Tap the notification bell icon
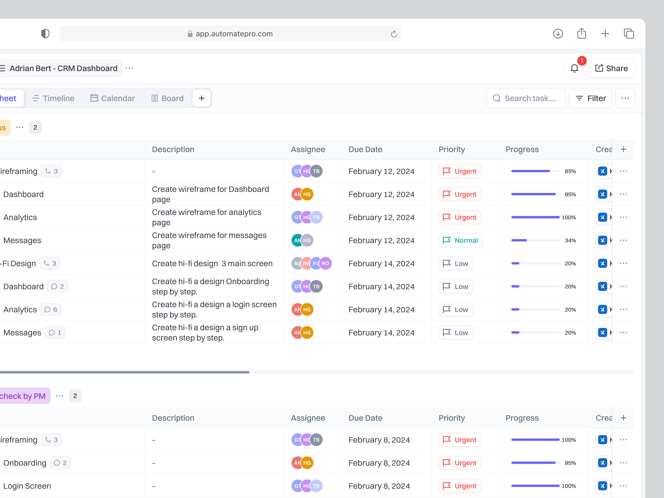pos(574,68)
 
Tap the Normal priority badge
pos(460,240)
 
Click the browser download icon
pos(558,34)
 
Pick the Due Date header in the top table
pos(365,150)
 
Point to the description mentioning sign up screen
pos(205,333)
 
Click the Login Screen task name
pos(27,486)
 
